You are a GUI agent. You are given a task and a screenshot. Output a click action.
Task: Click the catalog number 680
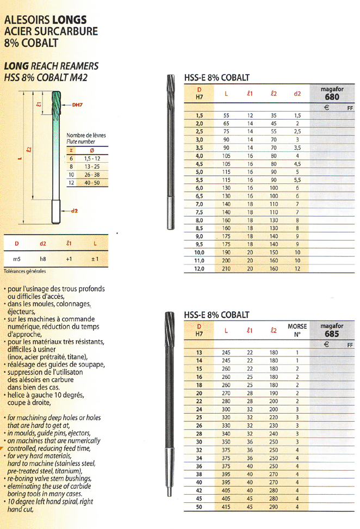tap(332, 97)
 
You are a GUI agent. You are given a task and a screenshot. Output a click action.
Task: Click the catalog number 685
tap(332, 334)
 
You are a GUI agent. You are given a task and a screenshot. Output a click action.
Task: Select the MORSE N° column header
tap(297, 330)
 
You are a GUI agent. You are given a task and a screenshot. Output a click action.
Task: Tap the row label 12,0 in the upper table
tap(199, 268)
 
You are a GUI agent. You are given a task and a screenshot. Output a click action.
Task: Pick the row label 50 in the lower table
tap(199, 507)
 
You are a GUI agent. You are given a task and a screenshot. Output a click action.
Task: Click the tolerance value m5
tap(17, 259)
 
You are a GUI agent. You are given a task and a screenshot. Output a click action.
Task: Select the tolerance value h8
tap(42, 259)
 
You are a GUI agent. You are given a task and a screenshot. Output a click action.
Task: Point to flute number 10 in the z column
tap(71, 174)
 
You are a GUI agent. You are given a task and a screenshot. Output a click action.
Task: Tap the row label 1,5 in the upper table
tap(199, 115)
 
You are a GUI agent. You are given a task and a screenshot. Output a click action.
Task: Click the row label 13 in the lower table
tap(199, 353)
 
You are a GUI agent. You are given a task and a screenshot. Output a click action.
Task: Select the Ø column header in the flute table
tap(91, 150)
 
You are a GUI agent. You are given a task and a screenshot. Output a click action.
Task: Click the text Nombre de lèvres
tap(85, 135)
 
